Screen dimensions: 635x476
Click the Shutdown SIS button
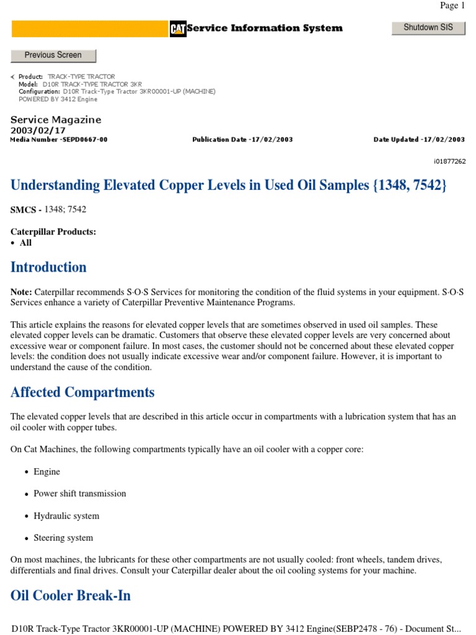tap(428, 28)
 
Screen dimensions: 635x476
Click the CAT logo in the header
tap(178, 29)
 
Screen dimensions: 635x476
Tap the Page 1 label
tap(452, 6)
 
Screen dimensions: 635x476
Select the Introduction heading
tap(48, 267)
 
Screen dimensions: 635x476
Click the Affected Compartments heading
tap(82, 392)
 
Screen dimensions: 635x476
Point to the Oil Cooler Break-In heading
tap(71, 595)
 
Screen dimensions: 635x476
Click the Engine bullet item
tap(46, 472)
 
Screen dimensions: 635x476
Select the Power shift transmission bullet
tap(79, 494)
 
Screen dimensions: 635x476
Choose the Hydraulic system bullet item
tap(66, 516)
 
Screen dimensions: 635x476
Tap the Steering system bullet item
tap(63, 538)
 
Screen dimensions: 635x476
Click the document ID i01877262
tap(449, 161)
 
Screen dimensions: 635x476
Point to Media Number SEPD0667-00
tap(59, 140)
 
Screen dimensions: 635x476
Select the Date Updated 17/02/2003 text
tap(419, 140)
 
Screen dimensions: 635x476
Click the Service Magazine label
tap(56, 120)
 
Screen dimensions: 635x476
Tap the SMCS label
tap(26, 210)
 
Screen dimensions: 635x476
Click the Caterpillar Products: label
tap(53, 232)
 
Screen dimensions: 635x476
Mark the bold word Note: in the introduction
tap(22, 291)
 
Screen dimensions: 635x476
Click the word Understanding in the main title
tap(55, 185)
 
